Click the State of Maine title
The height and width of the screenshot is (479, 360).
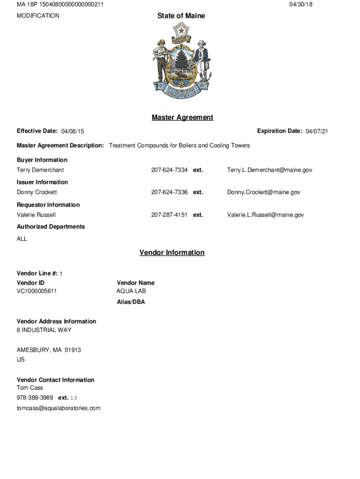coord(181,16)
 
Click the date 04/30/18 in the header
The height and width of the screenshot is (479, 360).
coord(301,4)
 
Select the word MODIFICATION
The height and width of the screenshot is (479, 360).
coord(38,16)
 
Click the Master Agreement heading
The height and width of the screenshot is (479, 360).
coord(182,117)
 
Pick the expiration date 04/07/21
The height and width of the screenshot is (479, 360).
coord(317,131)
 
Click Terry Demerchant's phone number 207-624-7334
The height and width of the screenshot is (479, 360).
coord(169,170)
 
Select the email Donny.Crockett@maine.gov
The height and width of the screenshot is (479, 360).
coord(264,192)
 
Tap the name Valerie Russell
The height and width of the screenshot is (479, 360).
coord(36,215)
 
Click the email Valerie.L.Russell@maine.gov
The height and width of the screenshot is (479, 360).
coord(266,215)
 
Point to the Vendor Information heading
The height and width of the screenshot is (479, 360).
coord(172,253)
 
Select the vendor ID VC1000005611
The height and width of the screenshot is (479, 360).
coord(37,291)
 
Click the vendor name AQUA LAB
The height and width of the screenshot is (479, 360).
coord(131,291)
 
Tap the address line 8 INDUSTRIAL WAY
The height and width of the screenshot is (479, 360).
coord(44,330)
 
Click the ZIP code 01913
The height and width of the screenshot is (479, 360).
coord(73,350)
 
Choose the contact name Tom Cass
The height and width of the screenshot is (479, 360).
coord(30,388)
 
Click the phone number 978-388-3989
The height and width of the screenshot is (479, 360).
coord(35,398)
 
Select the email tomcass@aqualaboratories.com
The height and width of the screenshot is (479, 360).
coord(58,408)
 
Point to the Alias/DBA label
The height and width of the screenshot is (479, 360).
coord(131,302)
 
